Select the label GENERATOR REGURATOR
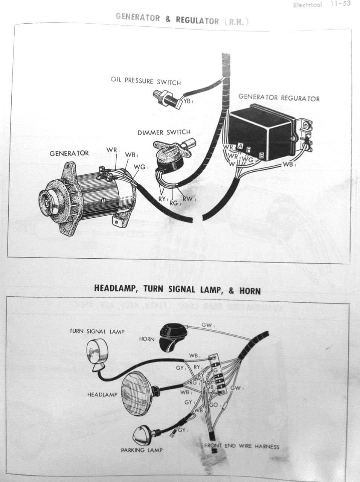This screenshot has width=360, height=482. point(279,98)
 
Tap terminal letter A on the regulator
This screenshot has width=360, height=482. point(240,146)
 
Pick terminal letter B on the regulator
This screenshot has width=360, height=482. point(262,154)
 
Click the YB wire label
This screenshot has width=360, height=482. point(187,101)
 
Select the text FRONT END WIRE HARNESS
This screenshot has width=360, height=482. point(241,446)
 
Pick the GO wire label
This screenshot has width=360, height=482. point(214,405)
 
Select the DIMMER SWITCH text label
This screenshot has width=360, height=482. point(164,133)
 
